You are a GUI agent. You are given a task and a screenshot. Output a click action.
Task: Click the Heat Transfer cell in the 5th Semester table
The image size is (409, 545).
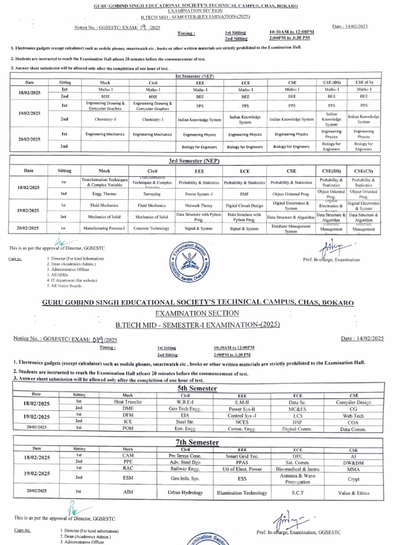tap(128, 402)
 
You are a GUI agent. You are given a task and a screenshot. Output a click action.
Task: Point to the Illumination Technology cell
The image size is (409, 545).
tap(242, 493)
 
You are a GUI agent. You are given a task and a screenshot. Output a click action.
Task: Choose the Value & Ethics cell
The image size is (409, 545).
tap(353, 493)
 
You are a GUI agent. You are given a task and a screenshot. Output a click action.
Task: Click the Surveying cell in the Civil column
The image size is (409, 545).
tap(152, 194)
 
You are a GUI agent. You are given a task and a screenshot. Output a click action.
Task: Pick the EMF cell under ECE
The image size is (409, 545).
tap(244, 194)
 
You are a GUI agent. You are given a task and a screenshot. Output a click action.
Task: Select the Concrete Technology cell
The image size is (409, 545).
tap(152, 228)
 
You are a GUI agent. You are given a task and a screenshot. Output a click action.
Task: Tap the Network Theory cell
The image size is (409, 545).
tap(199, 205)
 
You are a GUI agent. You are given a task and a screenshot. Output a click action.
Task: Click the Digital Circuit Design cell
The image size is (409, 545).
tap(244, 205)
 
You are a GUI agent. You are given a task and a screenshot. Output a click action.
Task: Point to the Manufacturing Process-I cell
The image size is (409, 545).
tap(104, 228)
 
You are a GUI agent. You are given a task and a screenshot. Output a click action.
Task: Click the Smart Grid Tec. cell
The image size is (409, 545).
tap(242, 456)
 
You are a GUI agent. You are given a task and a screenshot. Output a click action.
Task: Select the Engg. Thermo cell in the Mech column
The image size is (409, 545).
tap(104, 194)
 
